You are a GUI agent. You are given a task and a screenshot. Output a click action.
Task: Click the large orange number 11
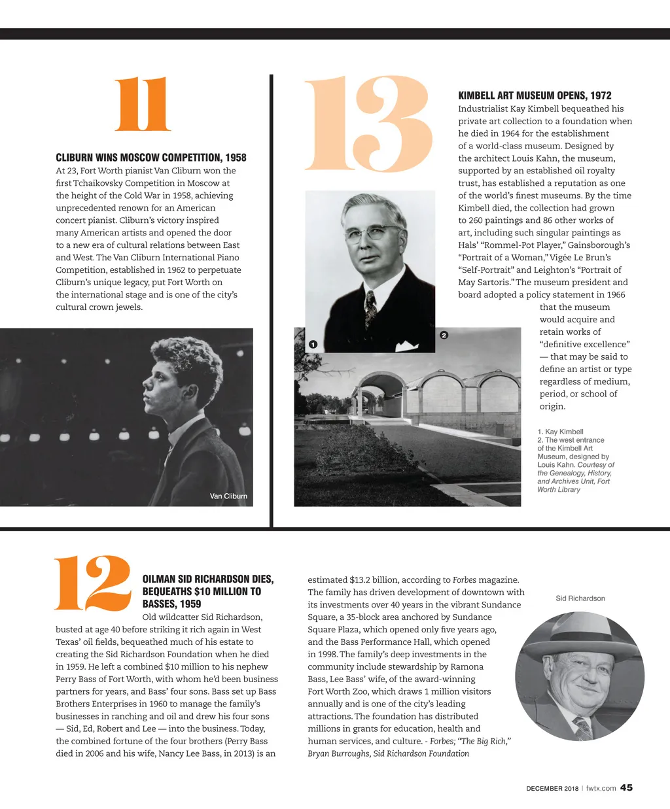143,105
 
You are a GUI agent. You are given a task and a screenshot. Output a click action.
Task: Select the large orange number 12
92,583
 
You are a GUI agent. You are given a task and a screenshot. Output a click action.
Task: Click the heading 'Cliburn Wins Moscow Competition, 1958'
151,158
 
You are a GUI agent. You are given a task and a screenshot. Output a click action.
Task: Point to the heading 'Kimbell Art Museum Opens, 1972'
535,95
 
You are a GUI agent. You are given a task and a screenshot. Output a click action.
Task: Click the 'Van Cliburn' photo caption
228,496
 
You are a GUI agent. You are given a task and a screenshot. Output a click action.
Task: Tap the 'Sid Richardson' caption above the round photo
580,598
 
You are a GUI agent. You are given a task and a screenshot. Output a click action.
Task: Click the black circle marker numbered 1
313,345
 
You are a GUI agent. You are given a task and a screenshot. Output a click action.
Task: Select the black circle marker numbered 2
444,336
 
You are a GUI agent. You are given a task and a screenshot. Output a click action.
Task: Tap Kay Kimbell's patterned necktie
371,307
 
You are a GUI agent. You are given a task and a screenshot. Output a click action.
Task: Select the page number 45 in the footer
626,787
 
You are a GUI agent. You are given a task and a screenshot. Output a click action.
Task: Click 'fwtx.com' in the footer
601,788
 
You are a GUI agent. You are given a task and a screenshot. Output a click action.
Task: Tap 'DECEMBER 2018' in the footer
552,789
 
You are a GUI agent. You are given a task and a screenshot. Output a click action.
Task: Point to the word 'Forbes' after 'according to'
465,579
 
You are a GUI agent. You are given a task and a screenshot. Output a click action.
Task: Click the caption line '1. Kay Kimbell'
560,432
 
